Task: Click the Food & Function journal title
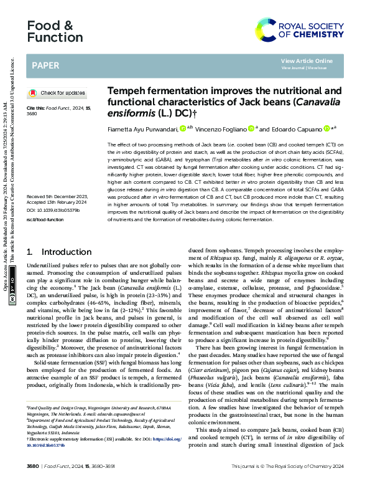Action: click(50, 32)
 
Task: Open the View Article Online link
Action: click(307, 60)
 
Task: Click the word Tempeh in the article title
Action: click(129, 90)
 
